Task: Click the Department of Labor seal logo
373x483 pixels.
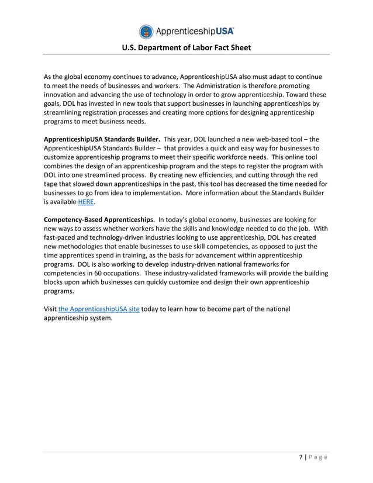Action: point(146,32)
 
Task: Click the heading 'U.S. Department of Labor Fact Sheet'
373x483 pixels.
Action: point(186,48)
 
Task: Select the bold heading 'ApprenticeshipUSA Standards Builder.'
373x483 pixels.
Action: point(102,140)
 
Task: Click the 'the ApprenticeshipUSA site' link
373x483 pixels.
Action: point(99,309)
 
